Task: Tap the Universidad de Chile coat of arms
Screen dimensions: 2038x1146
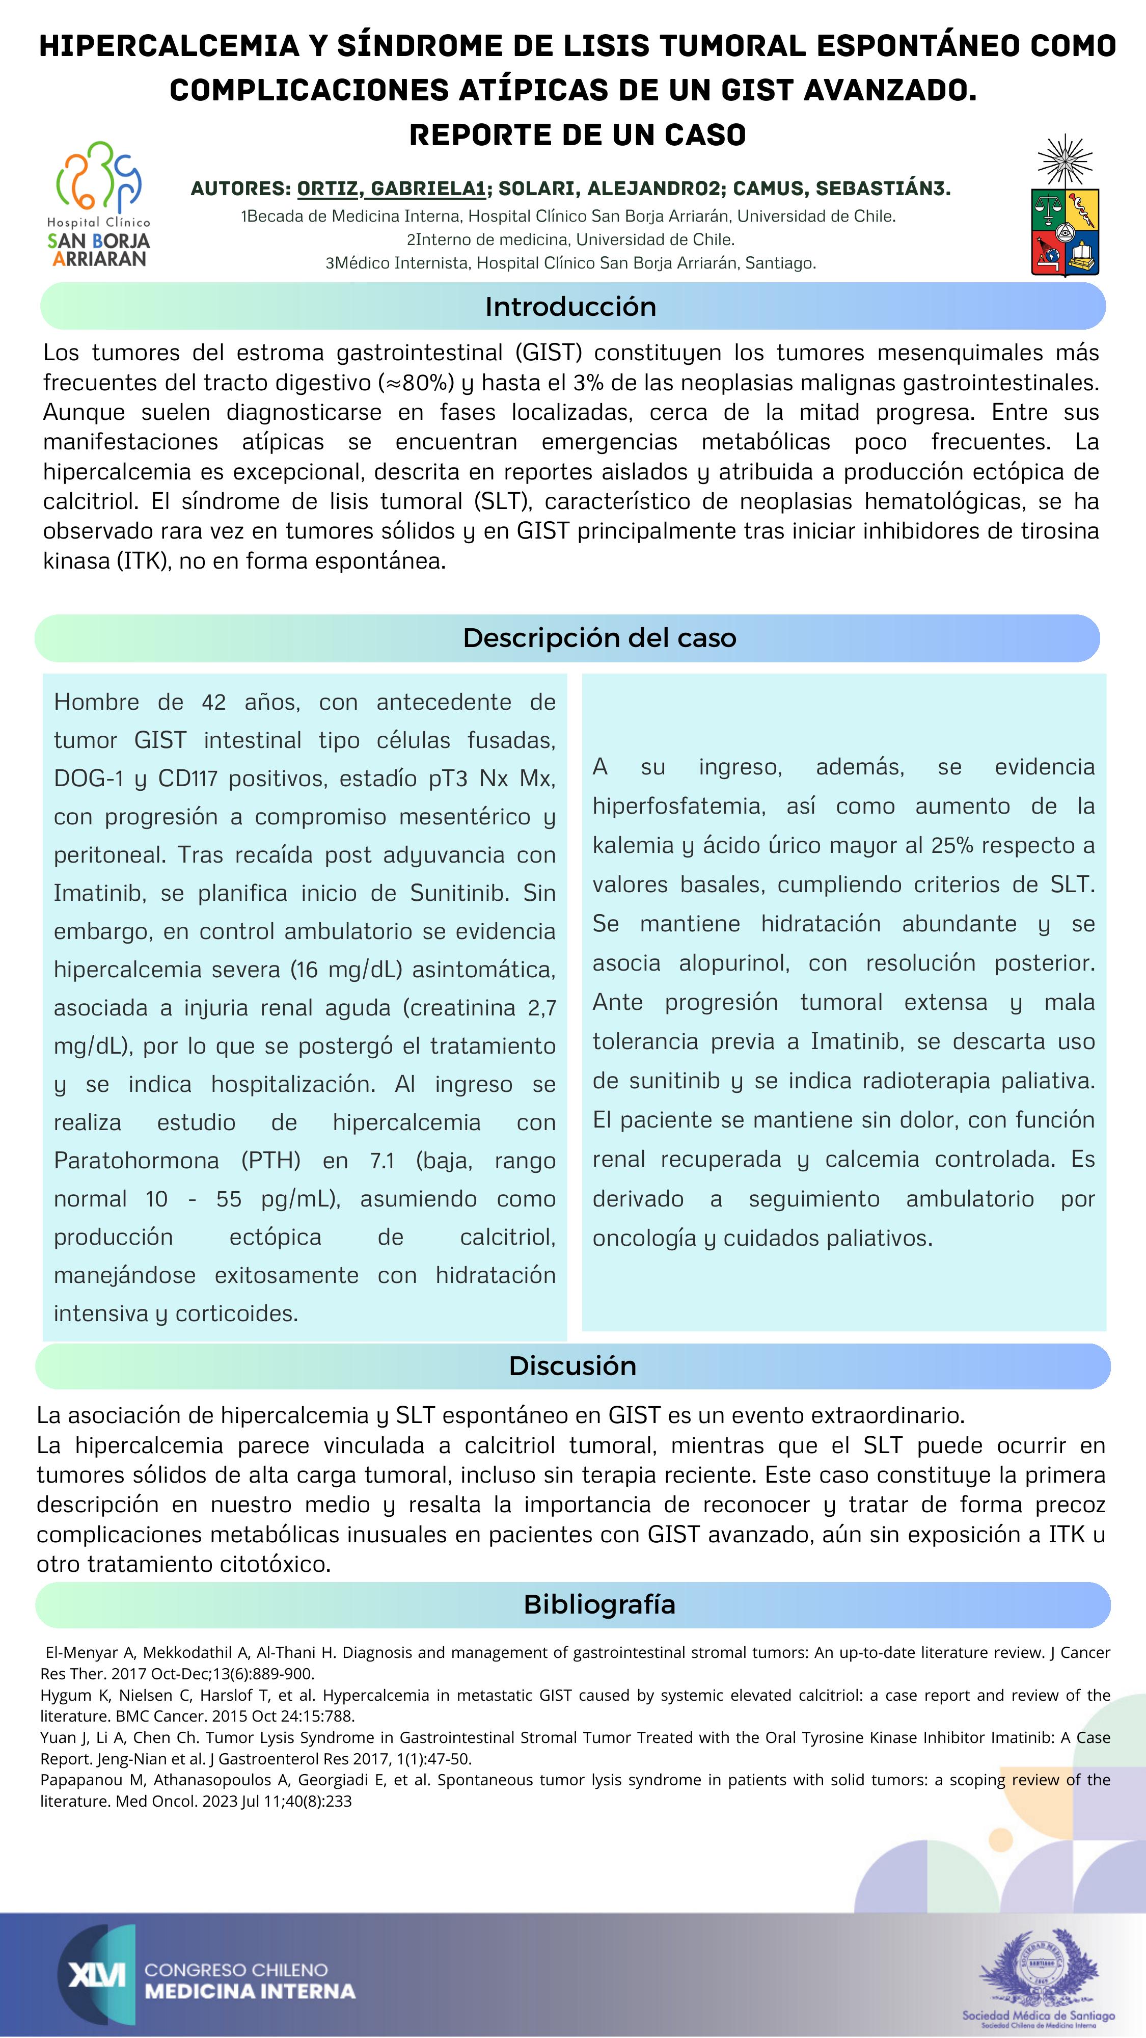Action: [x=1065, y=206]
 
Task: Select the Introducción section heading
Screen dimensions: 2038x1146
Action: [x=570, y=306]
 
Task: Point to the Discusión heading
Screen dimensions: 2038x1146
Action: [x=572, y=1365]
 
